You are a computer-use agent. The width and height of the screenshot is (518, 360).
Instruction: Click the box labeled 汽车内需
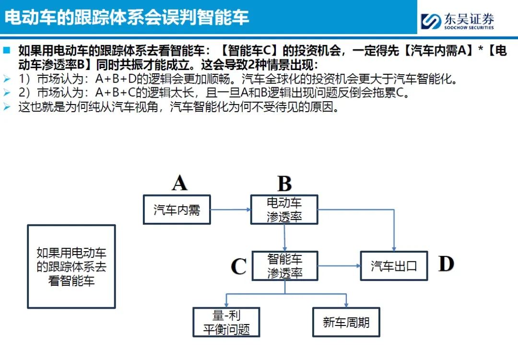177,209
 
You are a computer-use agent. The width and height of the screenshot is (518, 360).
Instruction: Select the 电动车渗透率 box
284,209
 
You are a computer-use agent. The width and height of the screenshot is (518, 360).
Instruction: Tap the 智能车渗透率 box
285,266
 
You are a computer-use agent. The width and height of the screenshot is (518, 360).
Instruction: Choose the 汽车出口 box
394,266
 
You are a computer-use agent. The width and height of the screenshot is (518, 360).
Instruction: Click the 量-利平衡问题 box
226,322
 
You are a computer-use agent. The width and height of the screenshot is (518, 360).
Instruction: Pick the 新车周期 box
346,322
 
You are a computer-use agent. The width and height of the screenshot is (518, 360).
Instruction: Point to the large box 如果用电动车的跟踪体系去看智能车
71,267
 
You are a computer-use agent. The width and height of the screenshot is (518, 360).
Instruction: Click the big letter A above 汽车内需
179,183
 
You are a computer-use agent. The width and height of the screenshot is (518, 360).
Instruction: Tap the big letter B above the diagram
284,184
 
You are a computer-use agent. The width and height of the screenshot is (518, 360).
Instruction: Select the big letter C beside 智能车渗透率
238,267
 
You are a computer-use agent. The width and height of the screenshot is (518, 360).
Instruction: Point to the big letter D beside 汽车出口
446,264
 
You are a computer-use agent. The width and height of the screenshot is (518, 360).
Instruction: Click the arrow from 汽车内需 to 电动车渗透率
231,209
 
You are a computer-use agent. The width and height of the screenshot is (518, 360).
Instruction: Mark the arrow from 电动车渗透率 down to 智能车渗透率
285,238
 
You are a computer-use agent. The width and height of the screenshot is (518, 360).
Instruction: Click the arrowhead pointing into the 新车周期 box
346,304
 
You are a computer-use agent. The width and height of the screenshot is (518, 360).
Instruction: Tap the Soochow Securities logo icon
431,21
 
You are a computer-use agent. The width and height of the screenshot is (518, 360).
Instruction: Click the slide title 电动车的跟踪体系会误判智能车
127,17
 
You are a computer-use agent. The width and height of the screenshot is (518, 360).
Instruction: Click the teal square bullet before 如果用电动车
6,49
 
